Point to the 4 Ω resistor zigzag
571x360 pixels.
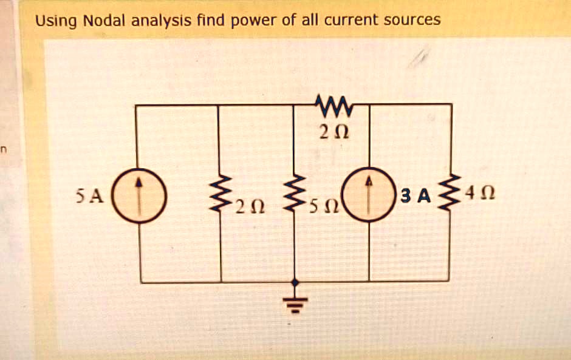[x=451, y=194]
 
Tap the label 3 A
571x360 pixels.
[x=415, y=196]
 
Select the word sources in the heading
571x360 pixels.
[x=412, y=20]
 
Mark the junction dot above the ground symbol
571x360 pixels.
[x=295, y=282]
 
